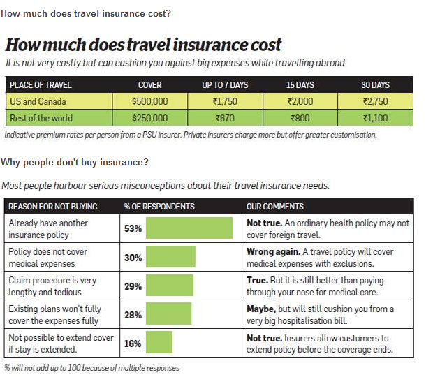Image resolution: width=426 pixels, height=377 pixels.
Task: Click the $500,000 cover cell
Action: point(149,101)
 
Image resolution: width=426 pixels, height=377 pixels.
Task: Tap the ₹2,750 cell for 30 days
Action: point(374,101)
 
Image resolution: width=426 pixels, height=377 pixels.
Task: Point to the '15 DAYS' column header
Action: point(300,84)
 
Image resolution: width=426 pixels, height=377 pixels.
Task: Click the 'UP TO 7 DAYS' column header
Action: point(226,84)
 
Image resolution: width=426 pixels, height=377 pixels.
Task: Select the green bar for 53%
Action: point(189,228)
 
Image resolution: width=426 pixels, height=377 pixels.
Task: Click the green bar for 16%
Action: point(159,343)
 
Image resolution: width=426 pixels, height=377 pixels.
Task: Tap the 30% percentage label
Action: point(133,258)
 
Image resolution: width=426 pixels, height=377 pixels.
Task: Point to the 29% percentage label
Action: point(133,286)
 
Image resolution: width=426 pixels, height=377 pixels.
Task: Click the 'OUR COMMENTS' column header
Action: point(275,207)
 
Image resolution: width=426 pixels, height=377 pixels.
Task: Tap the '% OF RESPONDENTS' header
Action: point(159,207)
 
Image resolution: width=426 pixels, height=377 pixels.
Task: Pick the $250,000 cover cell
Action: point(149,118)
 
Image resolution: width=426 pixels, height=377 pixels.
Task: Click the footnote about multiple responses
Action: point(91,367)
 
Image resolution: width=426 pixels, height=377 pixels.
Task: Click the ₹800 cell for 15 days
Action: point(300,118)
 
